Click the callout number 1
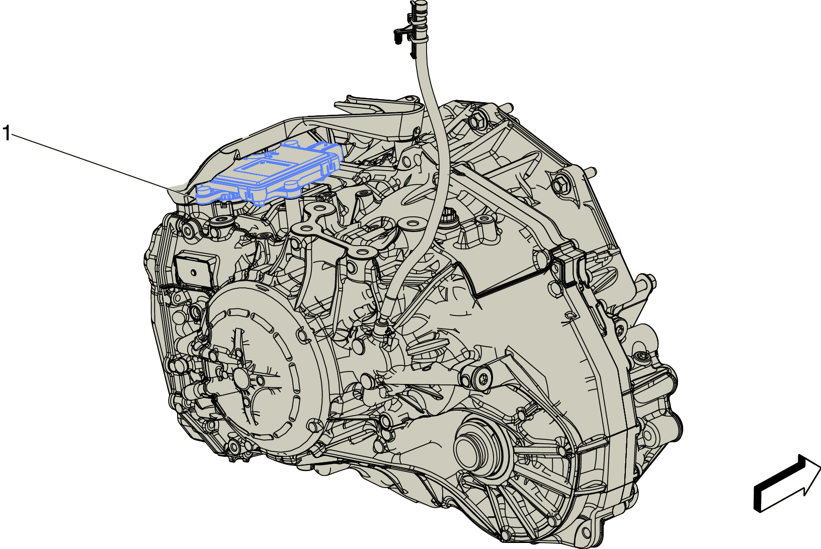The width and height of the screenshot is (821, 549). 6,133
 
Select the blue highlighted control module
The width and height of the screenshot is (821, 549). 270,173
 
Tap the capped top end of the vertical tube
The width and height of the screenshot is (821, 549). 418,5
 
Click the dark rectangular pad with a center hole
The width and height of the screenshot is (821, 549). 194,271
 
